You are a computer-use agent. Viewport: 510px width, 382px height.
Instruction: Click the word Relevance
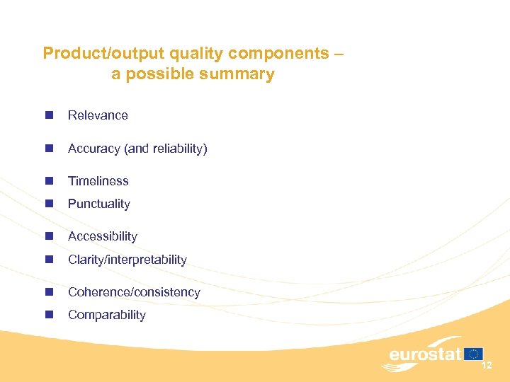coord(98,115)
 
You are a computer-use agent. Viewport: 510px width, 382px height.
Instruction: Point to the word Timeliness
coord(98,181)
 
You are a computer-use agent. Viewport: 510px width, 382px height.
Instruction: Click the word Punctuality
coord(98,204)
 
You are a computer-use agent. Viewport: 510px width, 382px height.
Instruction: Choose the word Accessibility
coord(102,236)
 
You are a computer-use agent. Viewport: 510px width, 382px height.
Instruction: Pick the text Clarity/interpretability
coord(127,260)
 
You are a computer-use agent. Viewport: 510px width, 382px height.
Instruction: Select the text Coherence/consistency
coord(134,292)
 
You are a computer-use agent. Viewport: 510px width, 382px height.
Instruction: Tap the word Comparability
coord(106,315)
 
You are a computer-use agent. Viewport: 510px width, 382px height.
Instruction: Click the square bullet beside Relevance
coord(48,115)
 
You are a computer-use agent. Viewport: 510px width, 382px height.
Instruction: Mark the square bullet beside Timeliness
coord(48,181)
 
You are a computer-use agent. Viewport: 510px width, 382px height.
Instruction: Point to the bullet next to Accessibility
coord(48,236)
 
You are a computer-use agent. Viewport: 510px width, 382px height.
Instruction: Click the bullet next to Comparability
coord(48,315)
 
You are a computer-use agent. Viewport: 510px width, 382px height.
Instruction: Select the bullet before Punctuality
coord(48,204)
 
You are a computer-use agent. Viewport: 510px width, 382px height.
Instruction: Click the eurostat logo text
coord(425,354)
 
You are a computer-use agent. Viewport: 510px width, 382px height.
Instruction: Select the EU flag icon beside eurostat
coord(474,354)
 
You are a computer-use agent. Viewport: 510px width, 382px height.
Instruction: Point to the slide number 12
coord(486,366)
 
